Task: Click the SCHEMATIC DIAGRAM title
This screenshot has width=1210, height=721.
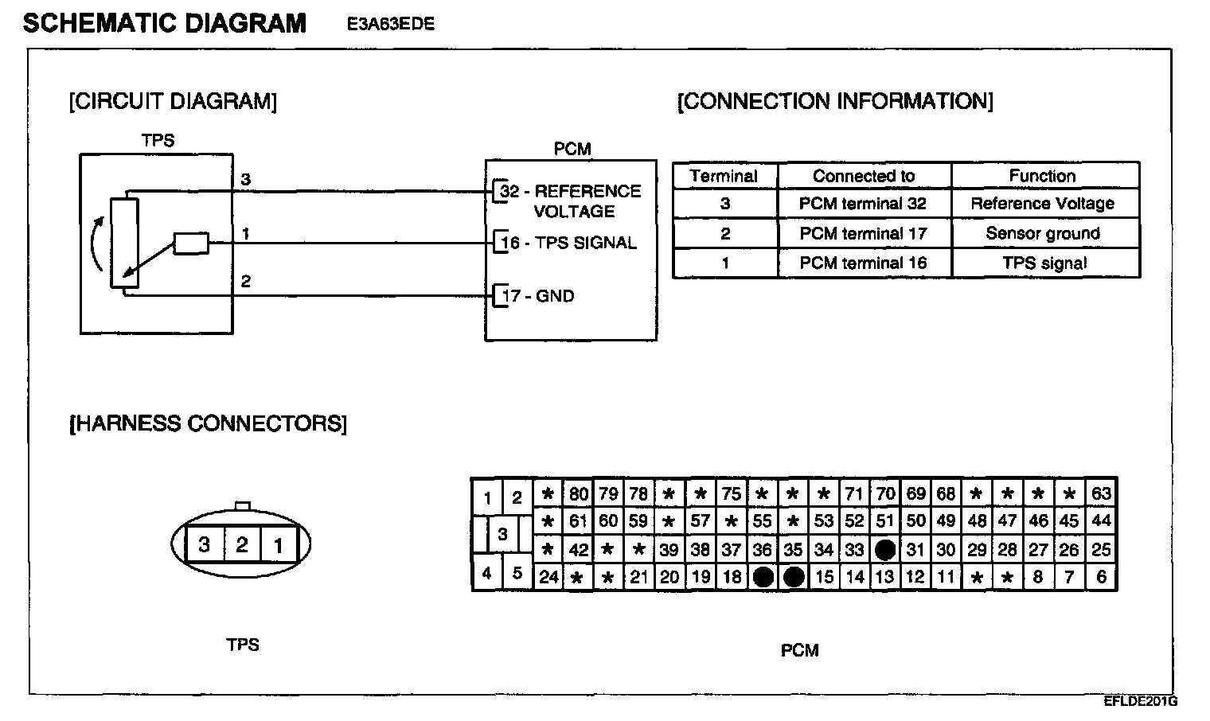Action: click(x=165, y=23)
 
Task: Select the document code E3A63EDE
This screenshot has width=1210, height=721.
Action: click(x=390, y=24)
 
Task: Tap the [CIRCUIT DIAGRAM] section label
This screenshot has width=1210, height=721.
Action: click(x=173, y=102)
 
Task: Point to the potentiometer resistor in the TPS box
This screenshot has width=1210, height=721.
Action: click(x=124, y=241)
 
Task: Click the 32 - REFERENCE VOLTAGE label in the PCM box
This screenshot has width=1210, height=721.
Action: click(x=570, y=201)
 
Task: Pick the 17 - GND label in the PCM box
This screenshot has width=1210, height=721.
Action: click(x=537, y=296)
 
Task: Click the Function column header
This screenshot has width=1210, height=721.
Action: click(x=1042, y=176)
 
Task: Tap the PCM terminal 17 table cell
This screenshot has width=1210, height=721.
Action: click(x=863, y=233)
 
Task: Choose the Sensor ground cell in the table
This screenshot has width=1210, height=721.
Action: click(x=1042, y=233)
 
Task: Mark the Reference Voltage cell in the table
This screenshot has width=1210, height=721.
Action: click(x=1042, y=204)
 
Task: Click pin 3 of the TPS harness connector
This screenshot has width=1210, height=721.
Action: click(x=205, y=545)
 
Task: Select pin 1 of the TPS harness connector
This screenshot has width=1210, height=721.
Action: click(x=279, y=545)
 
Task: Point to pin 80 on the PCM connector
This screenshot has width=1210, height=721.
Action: click(x=578, y=493)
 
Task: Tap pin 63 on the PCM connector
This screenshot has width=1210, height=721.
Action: click(x=1101, y=493)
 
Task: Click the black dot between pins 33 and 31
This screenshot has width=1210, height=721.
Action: click(x=884, y=549)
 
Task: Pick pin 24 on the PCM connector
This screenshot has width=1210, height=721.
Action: click(x=548, y=577)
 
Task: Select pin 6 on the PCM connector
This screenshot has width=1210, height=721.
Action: click(x=1101, y=577)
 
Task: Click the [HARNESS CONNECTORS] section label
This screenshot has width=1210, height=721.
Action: click(x=209, y=423)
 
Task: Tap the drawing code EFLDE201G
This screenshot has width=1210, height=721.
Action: click(x=1140, y=701)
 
